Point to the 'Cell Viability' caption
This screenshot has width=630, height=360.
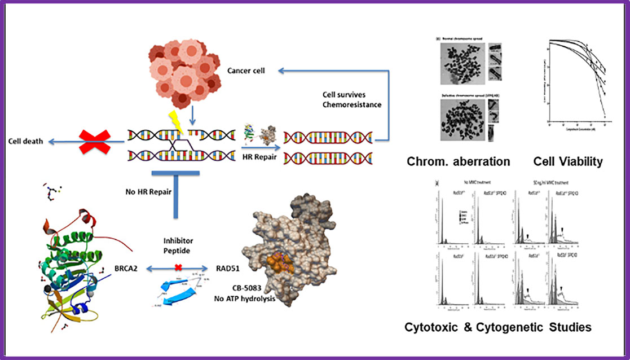567,162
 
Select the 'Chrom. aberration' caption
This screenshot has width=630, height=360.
458,162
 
